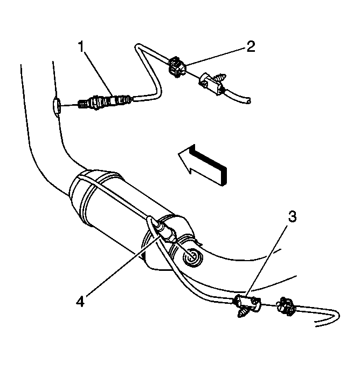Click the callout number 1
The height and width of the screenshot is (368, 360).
[81, 46]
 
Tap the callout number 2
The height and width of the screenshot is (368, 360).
[251, 46]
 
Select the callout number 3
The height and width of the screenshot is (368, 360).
[292, 216]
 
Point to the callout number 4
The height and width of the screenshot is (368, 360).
[80, 301]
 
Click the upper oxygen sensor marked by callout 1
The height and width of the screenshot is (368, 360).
[105, 101]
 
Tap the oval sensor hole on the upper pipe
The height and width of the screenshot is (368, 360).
[56, 107]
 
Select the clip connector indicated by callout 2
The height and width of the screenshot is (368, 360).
[177, 67]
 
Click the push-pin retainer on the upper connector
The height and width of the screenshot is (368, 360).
[221, 78]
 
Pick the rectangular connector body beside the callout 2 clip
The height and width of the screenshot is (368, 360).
[210, 84]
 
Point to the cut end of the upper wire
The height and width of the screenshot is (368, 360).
[248, 101]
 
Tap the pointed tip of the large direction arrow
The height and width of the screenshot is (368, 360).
[178, 154]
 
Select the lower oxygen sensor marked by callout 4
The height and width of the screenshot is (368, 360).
[166, 232]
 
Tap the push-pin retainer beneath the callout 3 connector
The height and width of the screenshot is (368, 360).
[243, 312]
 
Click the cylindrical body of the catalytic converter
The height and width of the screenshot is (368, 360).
[122, 211]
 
